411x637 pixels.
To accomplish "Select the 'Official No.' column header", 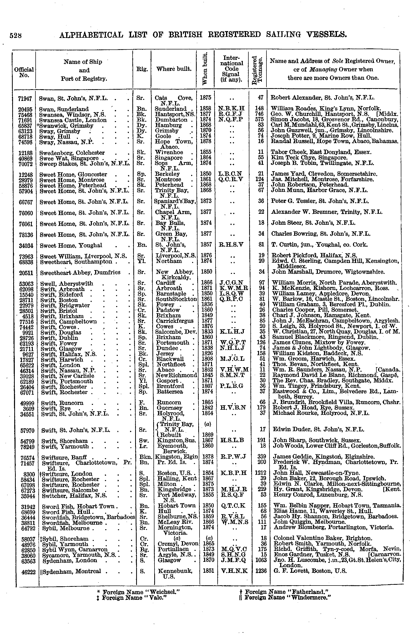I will click(x=24, y=72).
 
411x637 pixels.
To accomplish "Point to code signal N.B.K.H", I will click(x=231, y=109).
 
